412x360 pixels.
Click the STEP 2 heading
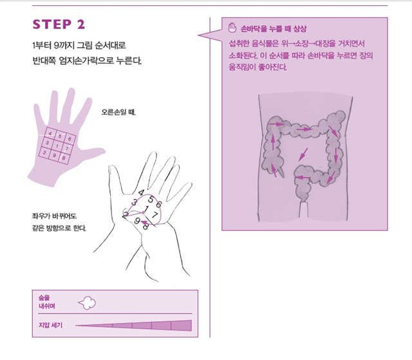click(59, 24)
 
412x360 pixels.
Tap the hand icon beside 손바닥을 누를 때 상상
click(232, 28)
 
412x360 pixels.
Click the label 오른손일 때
click(118, 112)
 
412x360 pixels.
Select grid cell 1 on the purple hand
click(57, 146)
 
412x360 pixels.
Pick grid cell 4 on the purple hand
click(50, 133)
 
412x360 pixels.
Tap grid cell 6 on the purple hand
click(70, 138)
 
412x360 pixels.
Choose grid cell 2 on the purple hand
click(44, 153)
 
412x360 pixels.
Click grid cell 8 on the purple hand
click(64, 158)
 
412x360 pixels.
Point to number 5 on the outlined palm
click(151, 200)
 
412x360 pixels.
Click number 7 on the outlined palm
click(155, 215)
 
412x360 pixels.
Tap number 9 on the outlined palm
click(137, 221)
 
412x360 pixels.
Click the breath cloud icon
click(87, 303)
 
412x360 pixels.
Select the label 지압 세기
click(50, 325)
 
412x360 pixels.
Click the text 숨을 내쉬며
click(47, 302)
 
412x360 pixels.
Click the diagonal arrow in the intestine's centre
click(303, 155)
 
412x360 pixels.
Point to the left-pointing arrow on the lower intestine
click(303, 178)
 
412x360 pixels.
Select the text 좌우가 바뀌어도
click(54, 216)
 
